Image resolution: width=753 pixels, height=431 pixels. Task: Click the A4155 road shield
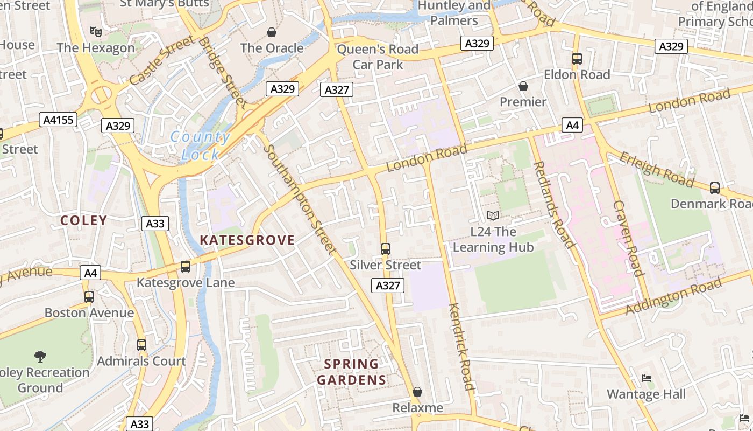pyautogui.click(x=59, y=120)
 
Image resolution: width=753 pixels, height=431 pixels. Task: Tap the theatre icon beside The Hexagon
pyautogui.click(x=96, y=32)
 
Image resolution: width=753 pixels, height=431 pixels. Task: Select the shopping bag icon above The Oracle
pyautogui.click(x=272, y=32)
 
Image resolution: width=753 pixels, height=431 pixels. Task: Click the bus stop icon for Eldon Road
pyautogui.click(x=577, y=59)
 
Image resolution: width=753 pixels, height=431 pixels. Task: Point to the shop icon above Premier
pyautogui.click(x=523, y=86)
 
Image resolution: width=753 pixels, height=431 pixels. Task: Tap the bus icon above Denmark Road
pyautogui.click(x=715, y=188)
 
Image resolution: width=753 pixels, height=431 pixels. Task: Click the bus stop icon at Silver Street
pyautogui.click(x=385, y=249)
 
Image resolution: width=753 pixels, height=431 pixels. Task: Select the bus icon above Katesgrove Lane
pyautogui.click(x=186, y=267)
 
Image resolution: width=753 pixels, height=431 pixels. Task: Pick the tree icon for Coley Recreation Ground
pyautogui.click(x=40, y=356)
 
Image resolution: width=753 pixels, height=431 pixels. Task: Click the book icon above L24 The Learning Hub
pyautogui.click(x=493, y=216)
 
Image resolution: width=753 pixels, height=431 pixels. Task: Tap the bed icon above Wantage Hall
pyautogui.click(x=647, y=378)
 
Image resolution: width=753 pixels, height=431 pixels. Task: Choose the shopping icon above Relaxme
pyautogui.click(x=417, y=392)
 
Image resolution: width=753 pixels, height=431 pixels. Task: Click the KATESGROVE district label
pyautogui.click(x=247, y=240)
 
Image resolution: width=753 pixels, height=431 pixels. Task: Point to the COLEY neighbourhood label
pyautogui.click(x=83, y=220)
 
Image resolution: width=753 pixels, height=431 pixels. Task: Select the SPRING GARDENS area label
pyautogui.click(x=352, y=372)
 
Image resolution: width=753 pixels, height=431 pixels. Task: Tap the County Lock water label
pyautogui.click(x=201, y=146)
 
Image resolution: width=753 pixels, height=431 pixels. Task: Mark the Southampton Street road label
pyautogui.click(x=301, y=199)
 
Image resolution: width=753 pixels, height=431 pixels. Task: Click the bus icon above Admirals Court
pyautogui.click(x=141, y=345)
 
